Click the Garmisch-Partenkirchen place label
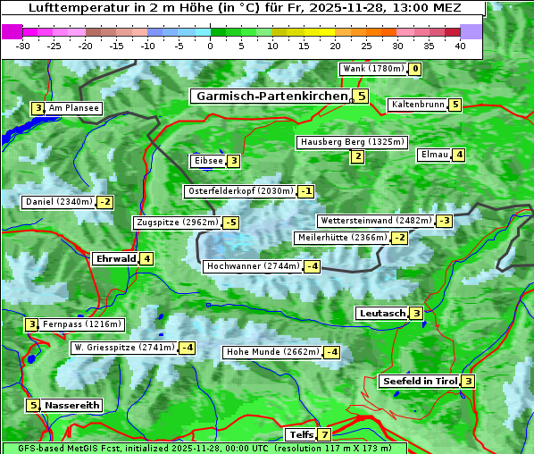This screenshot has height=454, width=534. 270,97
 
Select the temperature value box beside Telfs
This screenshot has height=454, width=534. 323,435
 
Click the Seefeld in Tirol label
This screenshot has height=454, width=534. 419,382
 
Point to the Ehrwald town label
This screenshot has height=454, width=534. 114,259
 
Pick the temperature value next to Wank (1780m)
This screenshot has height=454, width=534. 415,69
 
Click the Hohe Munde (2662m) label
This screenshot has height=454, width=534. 272,352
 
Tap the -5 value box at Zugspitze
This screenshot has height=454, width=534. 231,223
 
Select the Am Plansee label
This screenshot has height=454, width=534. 73,108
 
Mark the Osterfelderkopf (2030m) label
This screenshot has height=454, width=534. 239,191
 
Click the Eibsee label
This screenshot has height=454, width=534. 206,161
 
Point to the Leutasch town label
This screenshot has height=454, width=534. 381,314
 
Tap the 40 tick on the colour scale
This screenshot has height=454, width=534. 460,46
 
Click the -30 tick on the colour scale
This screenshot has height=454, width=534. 23,46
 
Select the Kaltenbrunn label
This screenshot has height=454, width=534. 417,105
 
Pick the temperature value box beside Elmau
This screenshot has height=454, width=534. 459,155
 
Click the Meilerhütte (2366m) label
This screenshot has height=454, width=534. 342,238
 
